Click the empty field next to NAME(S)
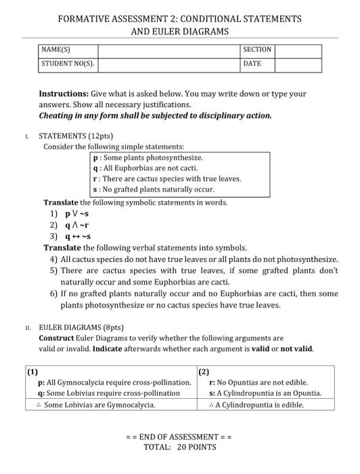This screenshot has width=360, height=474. [168, 50]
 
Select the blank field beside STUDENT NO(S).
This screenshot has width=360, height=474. [168, 64]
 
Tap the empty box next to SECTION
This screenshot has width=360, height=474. [298, 50]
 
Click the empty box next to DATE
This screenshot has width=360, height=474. [298, 64]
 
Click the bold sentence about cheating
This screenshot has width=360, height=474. [155, 116]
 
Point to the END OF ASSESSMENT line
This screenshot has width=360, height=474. [179, 437]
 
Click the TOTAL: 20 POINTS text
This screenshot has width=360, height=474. [179, 447]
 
